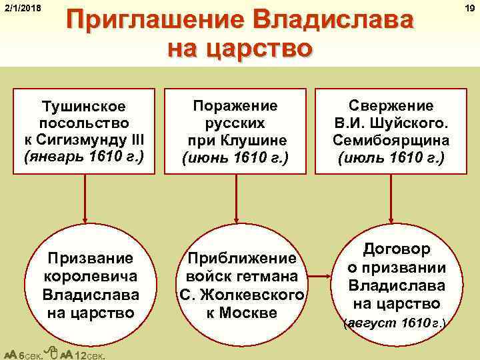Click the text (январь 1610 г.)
click(x=84, y=159)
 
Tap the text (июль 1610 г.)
click(x=391, y=159)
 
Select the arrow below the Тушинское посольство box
click(x=84, y=200)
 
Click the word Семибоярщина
click(x=391, y=141)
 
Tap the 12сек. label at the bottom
click(x=87, y=354)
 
